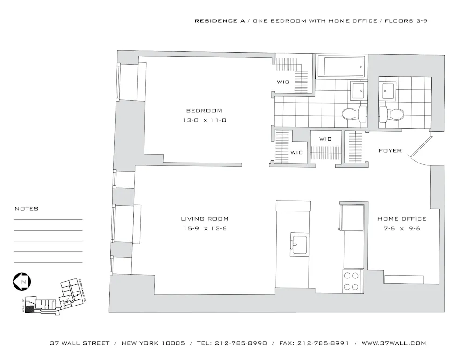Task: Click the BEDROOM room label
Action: [204, 111]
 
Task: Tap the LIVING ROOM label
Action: [205, 219]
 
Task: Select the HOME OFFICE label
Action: [402, 219]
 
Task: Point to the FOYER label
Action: [390, 151]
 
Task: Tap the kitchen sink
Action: [298, 245]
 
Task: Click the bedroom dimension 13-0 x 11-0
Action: [204, 120]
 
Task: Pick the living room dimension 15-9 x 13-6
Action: [205, 228]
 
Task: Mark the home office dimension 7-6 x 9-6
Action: [402, 228]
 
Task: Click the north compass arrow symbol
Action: [22, 282]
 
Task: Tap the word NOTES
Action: [27, 209]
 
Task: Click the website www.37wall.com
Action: [394, 343]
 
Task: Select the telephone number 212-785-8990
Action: [241, 343]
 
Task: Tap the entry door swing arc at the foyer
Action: [422, 156]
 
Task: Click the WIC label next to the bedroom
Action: [283, 82]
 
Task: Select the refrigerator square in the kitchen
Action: [353, 217]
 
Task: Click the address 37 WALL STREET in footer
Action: [80, 343]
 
